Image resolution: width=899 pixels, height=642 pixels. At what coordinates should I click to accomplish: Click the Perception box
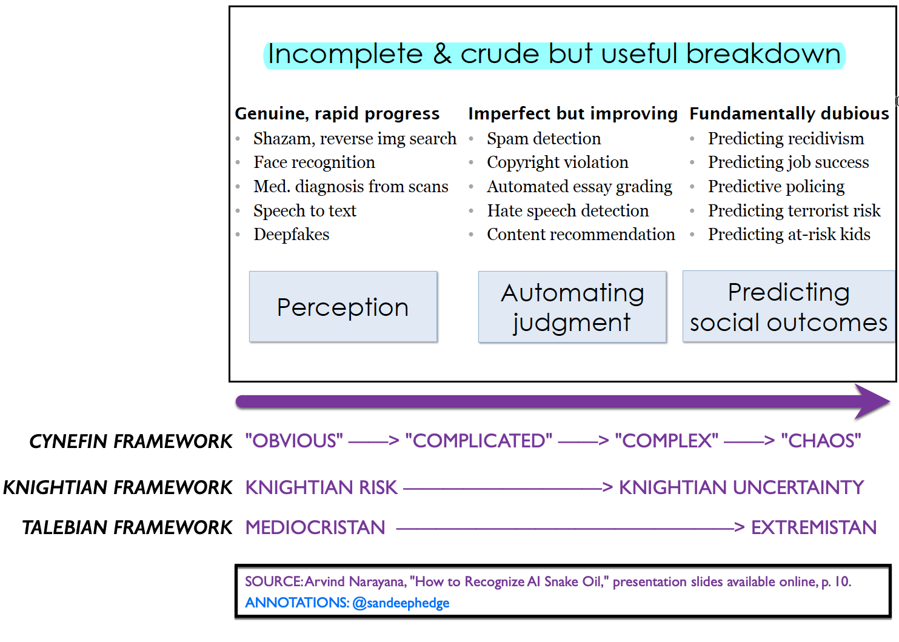tap(343, 307)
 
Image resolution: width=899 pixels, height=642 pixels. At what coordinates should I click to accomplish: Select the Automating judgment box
tap(572, 307)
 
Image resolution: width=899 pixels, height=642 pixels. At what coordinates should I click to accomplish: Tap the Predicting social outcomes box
tap(788, 307)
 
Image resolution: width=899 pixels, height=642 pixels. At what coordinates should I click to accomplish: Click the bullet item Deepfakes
tap(291, 235)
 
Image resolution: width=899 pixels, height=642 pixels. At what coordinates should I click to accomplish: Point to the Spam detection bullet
tap(544, 139)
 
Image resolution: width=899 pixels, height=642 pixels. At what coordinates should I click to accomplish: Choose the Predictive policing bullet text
tap(776, 187)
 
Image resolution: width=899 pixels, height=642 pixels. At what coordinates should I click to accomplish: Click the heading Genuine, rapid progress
tap(337, 113)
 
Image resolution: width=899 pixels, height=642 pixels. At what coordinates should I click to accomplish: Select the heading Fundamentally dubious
tap(789, 113)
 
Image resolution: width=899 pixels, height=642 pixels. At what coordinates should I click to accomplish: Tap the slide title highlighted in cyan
tap(554, 55)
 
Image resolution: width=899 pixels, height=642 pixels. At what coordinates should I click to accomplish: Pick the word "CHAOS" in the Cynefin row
tap(821, 441)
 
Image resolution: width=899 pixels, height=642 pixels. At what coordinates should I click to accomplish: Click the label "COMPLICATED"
tap(479, 441)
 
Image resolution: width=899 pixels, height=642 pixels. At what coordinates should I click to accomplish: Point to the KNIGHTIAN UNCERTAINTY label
tap(741, 487)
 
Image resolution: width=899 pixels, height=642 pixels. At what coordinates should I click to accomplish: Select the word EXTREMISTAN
tap(814, 527)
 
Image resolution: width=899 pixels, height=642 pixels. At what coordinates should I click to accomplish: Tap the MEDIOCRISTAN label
tap(315, 527)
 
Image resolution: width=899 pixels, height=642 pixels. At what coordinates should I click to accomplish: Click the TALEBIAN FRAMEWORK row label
tap(128, 527)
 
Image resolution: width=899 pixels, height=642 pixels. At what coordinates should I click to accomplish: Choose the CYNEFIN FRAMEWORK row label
tap(132, 441)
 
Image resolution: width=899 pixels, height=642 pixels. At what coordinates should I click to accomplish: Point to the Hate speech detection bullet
tap(567, 211)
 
